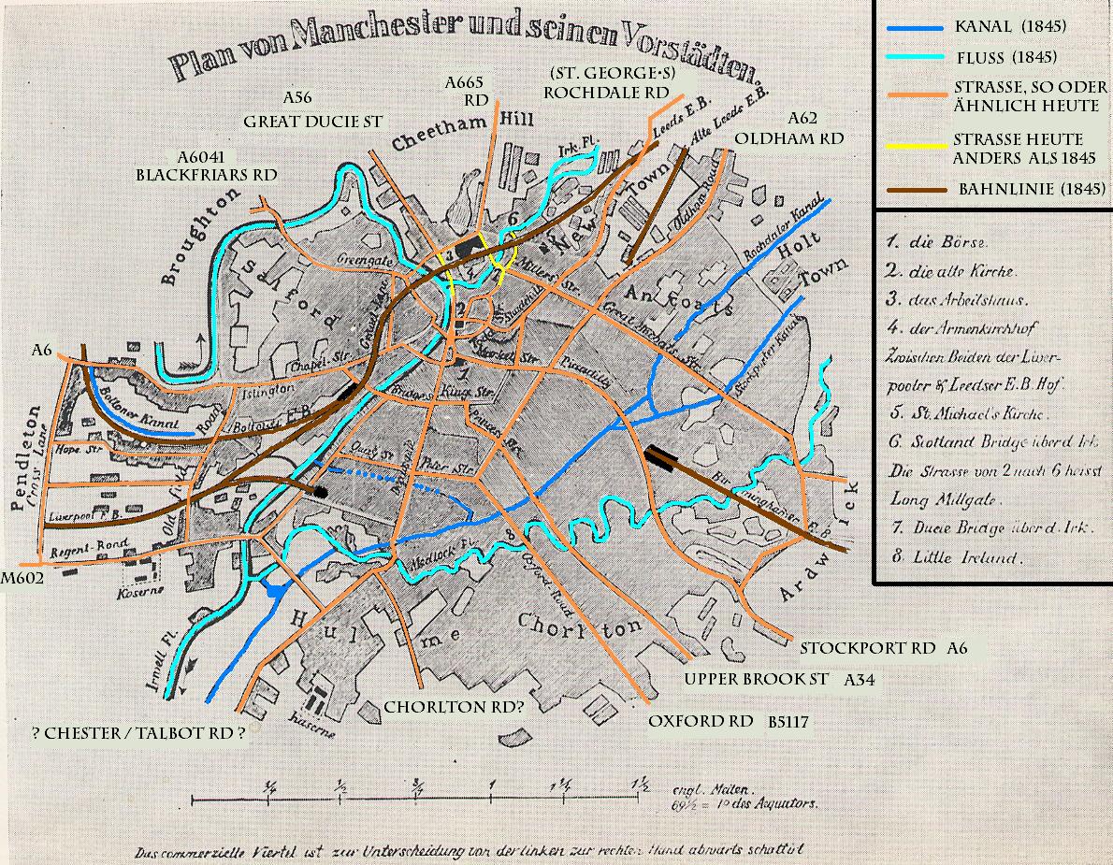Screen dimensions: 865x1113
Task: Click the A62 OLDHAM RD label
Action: pyautogui.click(x=789, y=128)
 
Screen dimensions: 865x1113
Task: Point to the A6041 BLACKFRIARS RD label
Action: pyautogui.click(x=206, y=165)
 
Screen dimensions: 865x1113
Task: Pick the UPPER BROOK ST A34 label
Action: pyautogui.click(x=777, y=680)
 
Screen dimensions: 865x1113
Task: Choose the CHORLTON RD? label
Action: pyautogui.click(x=454, y=708)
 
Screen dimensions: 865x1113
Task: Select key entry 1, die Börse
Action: pyautogui.click(x=936, y=240)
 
